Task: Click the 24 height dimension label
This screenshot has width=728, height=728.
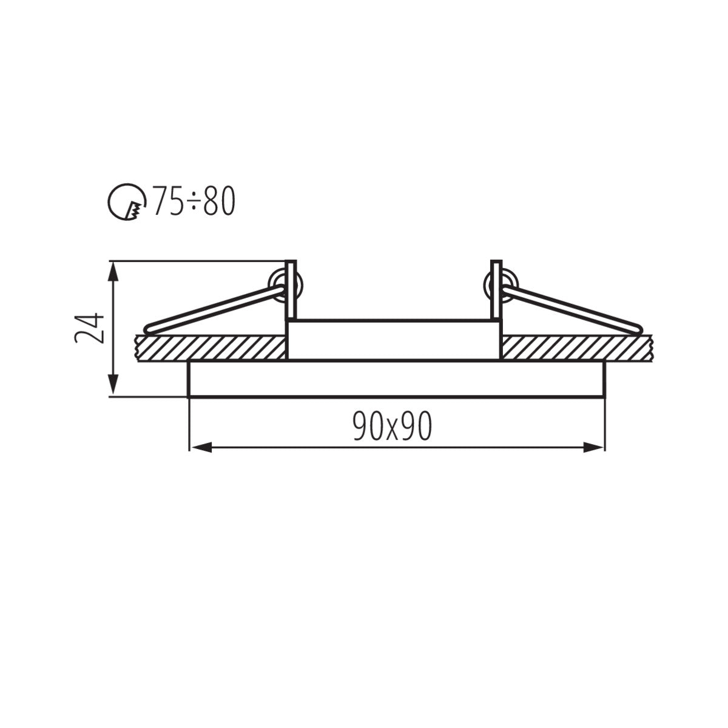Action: [x=90, y=328]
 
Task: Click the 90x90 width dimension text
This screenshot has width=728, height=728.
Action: [x=393, y=428]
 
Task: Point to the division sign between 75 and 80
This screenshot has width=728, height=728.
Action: [x=194, y=202]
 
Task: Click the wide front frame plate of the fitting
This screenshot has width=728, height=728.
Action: [x=397, y=379]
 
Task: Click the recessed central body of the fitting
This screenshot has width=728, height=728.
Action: [x=394, y=340]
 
